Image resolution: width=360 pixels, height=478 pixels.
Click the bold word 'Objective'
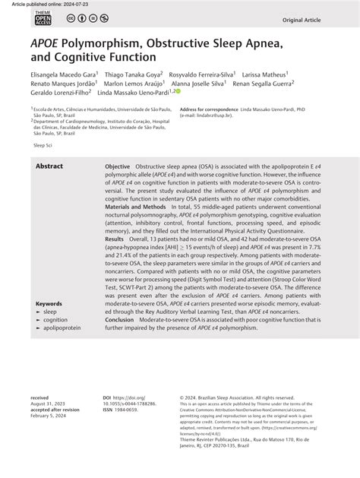tap(117, 166)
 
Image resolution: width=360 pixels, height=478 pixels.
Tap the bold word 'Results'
tap(115, 238)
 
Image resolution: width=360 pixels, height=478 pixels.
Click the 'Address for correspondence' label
tap(210, 109)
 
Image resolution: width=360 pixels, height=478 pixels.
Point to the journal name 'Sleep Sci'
tap(43, 143)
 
